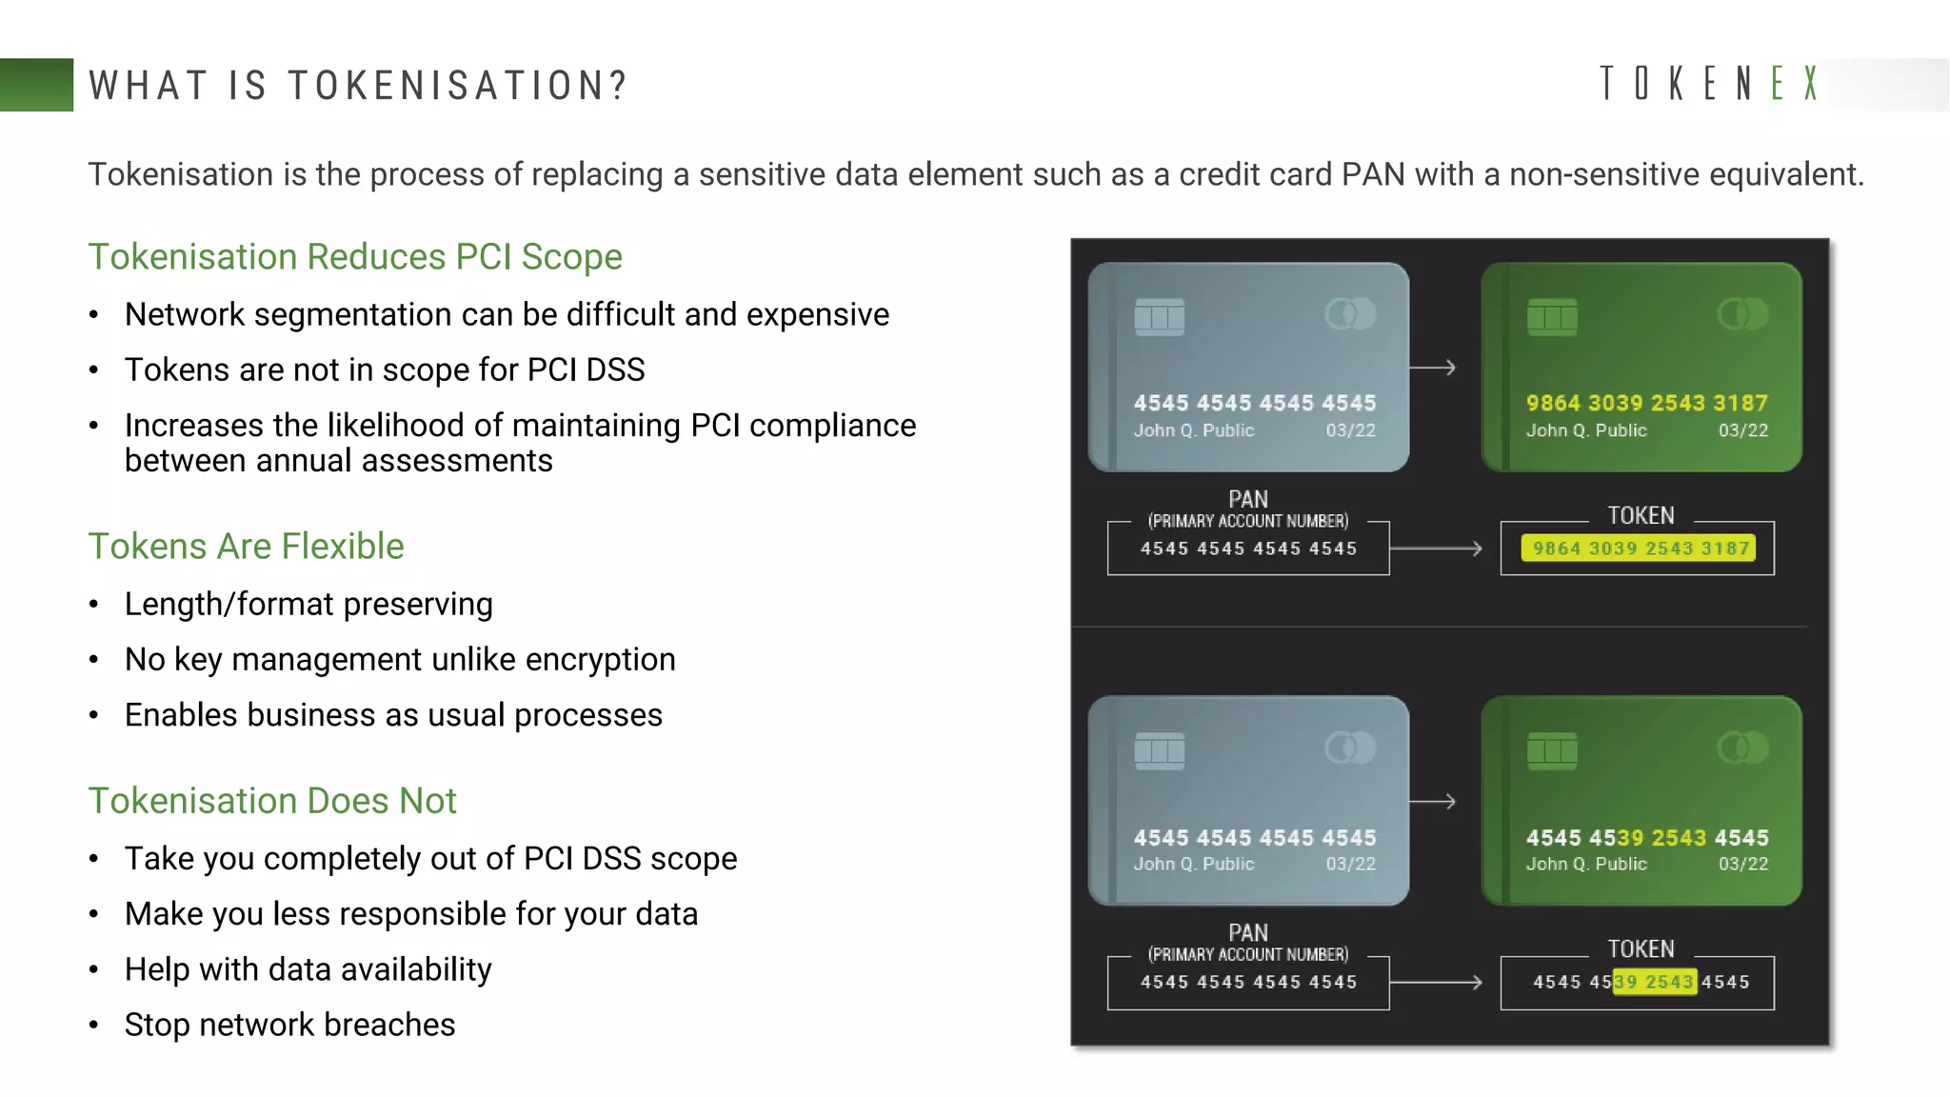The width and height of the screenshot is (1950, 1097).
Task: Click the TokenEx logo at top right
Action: point(1709,84)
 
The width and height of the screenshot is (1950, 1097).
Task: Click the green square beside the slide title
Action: point(36,85)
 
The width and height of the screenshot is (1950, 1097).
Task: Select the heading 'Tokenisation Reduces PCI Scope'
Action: point(355,257)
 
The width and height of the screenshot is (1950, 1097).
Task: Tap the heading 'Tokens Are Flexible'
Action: point(246,547)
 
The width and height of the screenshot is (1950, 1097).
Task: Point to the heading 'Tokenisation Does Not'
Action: point(272,801)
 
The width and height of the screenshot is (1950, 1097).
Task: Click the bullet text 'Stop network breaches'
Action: point(289,1025)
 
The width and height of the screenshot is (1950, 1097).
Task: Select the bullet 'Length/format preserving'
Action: point(308,604)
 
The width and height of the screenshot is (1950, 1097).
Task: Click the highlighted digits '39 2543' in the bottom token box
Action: point(1655,982)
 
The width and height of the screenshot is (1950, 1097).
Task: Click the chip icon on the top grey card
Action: point(1160,317)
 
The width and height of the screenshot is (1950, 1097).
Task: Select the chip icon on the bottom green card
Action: point(1552,751)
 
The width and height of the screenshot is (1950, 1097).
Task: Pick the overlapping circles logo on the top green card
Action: point(1742,313)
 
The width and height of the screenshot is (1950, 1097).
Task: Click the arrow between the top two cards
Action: point(1433,368)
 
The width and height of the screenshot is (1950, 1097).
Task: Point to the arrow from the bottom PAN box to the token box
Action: point(1436,982)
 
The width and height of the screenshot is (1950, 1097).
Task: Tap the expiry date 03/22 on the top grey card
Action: point(1350,430)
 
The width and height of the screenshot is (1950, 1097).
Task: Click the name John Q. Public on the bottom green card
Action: point(1586,864)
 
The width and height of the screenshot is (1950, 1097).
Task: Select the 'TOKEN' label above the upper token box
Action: point(1641,516)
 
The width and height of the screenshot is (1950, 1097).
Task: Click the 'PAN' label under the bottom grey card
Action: point(1247,932)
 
